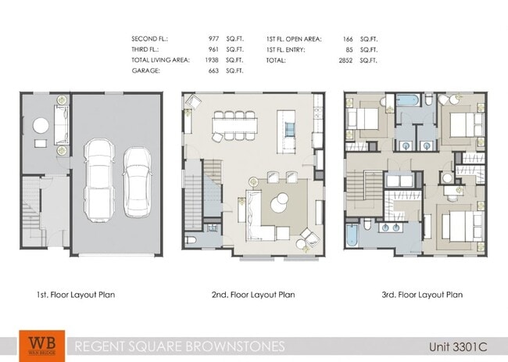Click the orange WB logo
[36, 346]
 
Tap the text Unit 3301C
[457, 346]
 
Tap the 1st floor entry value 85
[349, 49]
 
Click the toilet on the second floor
[190, 240]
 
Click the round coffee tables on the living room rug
[280, 206]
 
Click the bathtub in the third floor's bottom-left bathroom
[352, 234]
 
